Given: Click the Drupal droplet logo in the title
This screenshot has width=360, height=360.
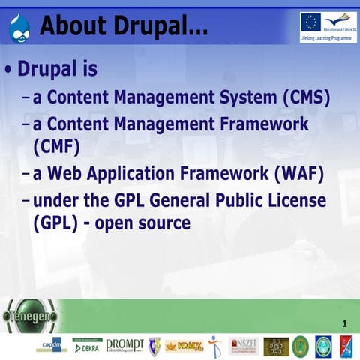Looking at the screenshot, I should click(19, 25).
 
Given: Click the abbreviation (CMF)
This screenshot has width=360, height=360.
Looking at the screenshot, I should click(56, 144).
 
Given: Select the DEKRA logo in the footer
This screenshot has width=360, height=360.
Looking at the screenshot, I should click(85, 346).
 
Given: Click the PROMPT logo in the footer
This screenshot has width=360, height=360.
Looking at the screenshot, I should click(124, 345).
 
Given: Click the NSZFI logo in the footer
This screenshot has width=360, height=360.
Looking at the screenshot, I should click(243, 346).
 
